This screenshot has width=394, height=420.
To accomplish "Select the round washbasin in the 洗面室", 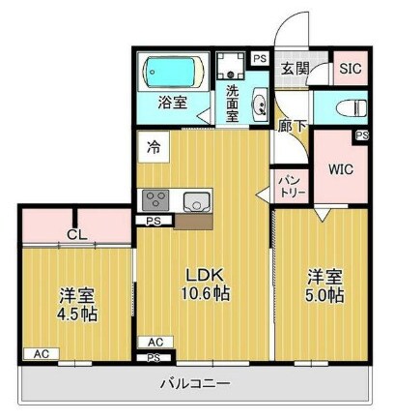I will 258,107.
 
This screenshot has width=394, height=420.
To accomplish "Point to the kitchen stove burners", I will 155,200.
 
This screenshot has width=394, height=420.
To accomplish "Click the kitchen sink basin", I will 196,201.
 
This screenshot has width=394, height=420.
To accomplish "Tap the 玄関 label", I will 294,69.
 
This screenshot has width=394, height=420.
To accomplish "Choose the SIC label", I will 349,70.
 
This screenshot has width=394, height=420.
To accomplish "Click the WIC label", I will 340,169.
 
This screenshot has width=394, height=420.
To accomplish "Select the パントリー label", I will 292,185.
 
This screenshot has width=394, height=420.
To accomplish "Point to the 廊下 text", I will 287,125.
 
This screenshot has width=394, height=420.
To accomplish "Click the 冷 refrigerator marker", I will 154,147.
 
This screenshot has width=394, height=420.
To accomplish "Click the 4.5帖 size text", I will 76,314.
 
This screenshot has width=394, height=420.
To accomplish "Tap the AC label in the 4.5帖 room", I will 42,354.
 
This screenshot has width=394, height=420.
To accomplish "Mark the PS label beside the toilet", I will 361,135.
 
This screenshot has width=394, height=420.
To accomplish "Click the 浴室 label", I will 173,103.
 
